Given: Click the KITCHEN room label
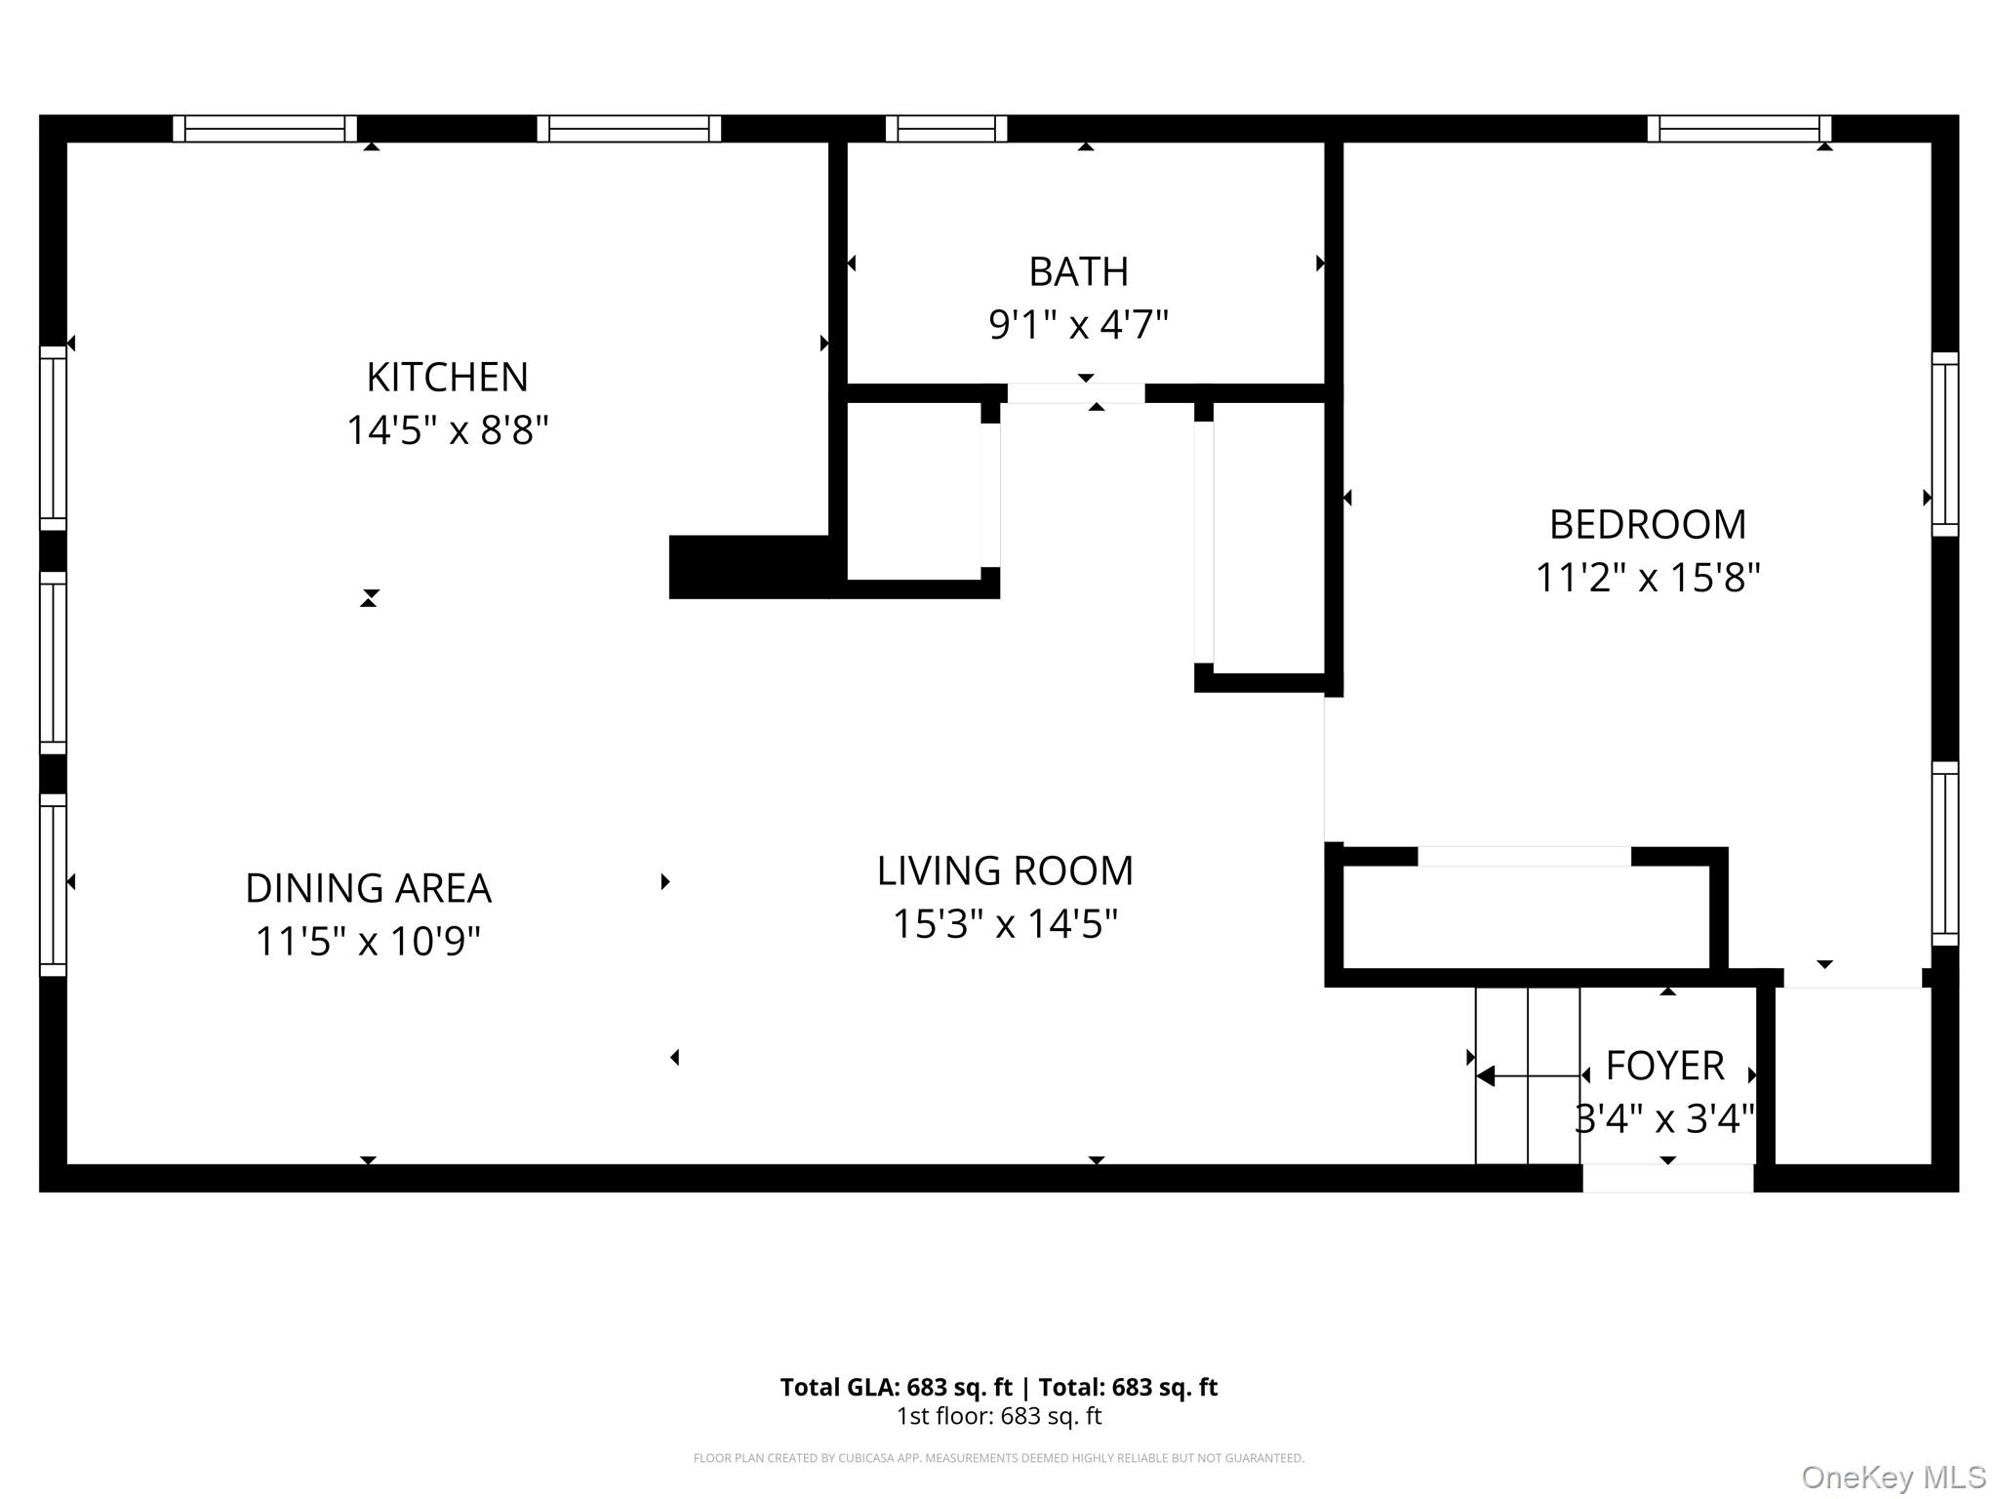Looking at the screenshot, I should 447,377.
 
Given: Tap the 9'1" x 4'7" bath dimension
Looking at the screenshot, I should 1078,324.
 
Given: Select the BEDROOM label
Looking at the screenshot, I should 1647,525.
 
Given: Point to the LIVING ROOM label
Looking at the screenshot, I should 1005,871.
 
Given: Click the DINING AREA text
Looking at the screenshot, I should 368,888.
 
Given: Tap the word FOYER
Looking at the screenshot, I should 1664,1066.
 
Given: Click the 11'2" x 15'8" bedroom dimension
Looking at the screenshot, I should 1647,578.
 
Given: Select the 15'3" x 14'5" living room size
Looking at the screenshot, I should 1005,923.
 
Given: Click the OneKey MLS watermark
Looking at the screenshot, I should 1893,1478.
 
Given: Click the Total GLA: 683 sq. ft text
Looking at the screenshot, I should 896,1387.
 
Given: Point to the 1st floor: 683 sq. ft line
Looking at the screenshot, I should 998,1416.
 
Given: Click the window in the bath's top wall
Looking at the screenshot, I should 945,129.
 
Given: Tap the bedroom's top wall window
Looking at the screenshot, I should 1738,129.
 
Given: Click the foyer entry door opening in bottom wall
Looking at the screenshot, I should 1667,1178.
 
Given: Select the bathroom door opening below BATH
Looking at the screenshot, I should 1075,393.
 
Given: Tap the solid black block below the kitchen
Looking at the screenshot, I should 747,567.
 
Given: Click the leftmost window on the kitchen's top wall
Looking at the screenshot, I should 264,129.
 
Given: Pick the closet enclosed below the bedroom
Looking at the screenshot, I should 1525,917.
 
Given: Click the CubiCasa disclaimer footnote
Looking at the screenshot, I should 998,1458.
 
